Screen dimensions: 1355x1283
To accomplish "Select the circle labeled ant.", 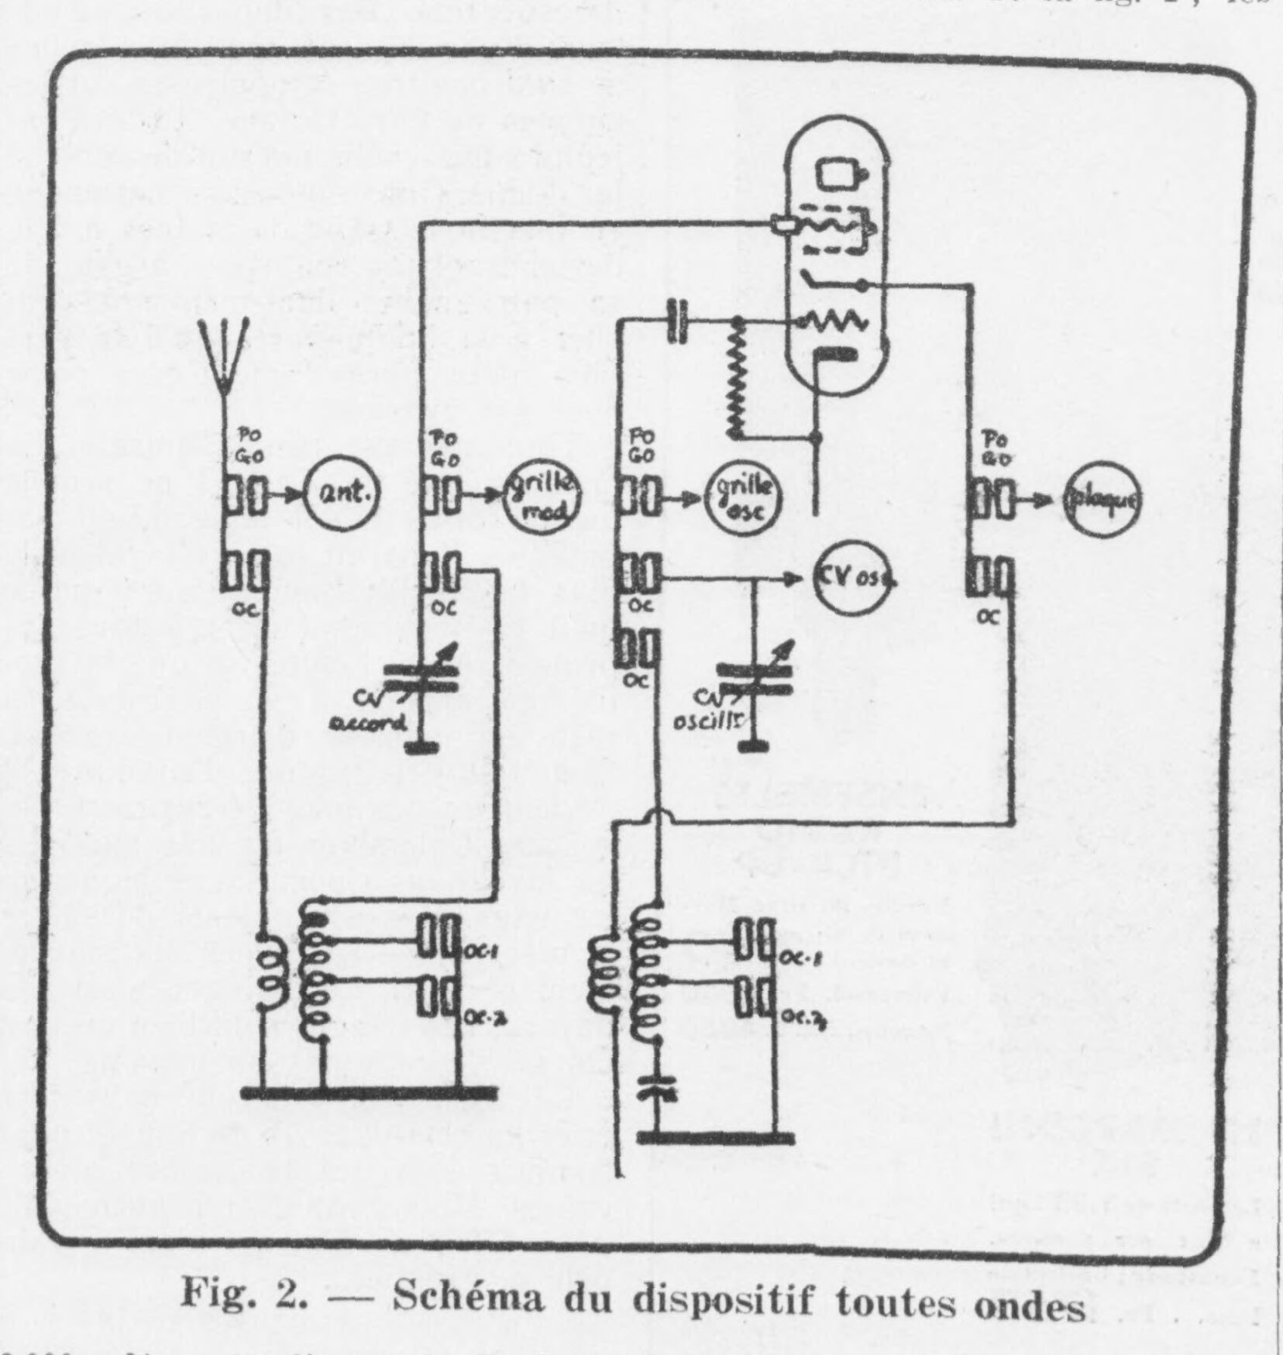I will pyautogui.click(x=342, y=494).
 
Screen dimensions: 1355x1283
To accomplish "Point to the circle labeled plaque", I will pyautogui.click(x=1101, y=500).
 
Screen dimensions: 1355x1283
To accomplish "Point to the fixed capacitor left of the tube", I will pyautogui.click(x=679, y=320).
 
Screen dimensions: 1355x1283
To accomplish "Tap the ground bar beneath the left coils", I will pyautogui.click(x=368, y=1092).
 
